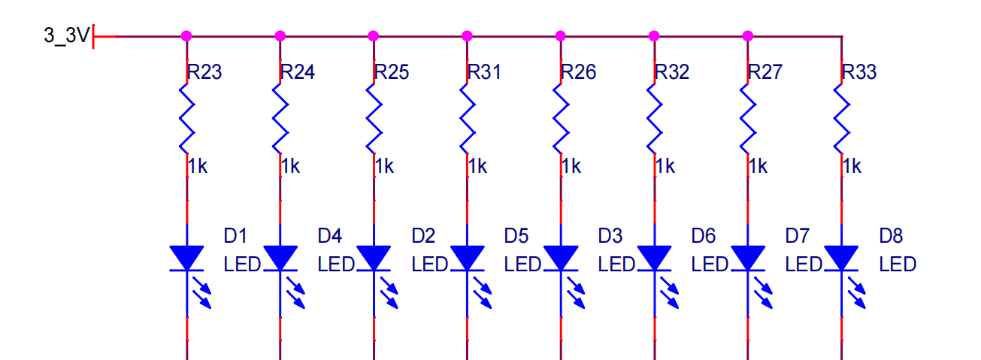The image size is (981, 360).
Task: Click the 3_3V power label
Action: coord(67,35)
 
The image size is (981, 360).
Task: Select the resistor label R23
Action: coord(205,72)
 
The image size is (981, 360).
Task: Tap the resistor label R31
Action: coord(485,72)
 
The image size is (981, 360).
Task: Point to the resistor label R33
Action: coord(859,72)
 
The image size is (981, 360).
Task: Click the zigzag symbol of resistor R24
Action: coord(280,118)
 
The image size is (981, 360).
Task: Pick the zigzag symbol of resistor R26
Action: coord(561,118)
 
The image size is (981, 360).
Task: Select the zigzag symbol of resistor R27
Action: coord(748,118)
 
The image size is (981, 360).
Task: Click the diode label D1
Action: coord(235,236)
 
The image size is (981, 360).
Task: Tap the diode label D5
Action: coord(516,236)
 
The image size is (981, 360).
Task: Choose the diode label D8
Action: coord(891,236)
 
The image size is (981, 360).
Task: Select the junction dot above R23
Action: coord(187,35)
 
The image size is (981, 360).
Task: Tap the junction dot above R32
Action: coord(654,35)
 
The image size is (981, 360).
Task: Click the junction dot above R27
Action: coord(748,35)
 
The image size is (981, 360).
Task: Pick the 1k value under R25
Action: coord(384,166)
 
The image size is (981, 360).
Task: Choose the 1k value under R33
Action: coord(852,166)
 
